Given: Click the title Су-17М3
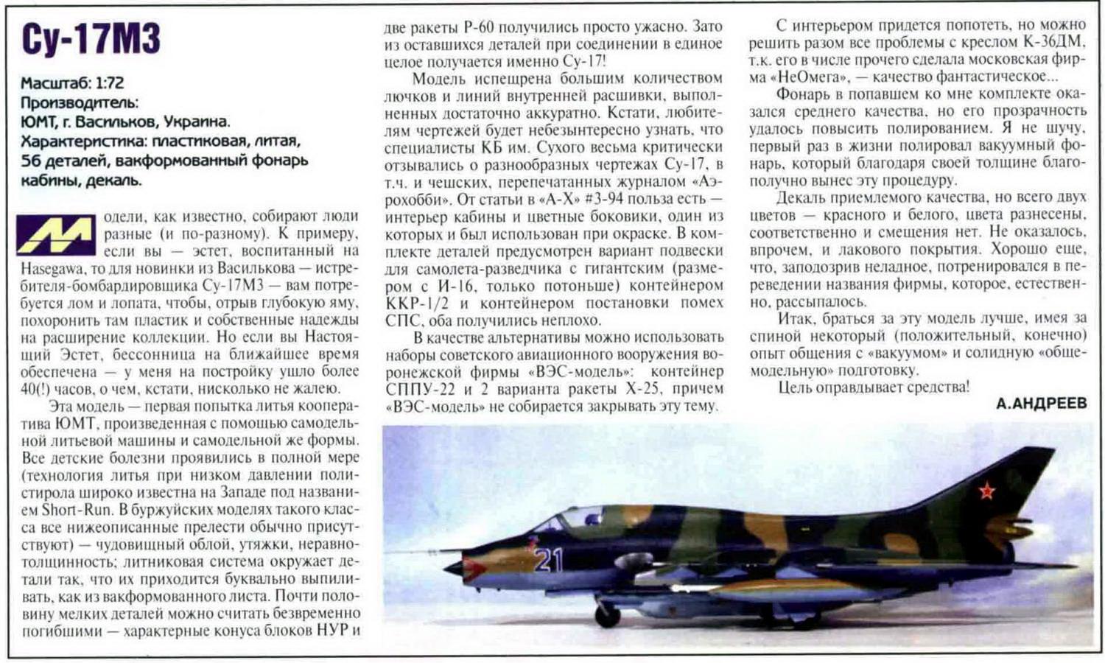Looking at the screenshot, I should click(x=91, y=39).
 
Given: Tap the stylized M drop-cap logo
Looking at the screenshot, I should click(x=55, y=235).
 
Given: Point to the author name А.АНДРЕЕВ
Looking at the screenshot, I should click(x=1040, y=403).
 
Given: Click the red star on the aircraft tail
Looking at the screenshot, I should click(x=986, y=491).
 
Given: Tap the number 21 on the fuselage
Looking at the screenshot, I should click(x=548, y=560).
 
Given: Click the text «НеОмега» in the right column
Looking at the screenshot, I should click(x=796, y=77).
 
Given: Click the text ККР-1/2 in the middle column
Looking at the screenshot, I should click(x=417, y=303).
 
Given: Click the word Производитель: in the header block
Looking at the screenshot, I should click(x=79, y=102).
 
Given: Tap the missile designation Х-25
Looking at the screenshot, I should click(x=639, y=389).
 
